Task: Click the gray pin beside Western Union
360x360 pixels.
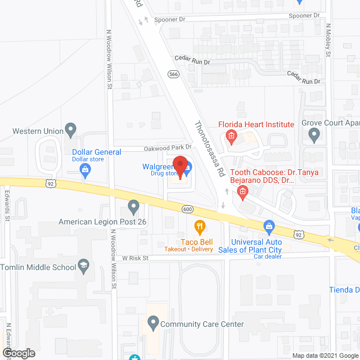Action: pyautogui.click(x=71, y=130)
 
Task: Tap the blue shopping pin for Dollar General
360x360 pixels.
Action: pyautogui.click(x=85, y=171)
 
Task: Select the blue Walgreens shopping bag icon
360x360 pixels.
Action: pyautogui.click(x=188, y=167)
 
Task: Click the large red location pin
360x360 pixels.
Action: pyautogui.click(x=179, y=165)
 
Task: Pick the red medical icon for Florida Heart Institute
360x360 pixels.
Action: pyautogui.click(x=231, y=135)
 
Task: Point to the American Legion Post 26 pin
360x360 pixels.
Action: pyautogui.click(x=133, y=207)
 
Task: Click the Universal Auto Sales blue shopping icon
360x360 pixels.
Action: pyautogui.click(x=269, y=227)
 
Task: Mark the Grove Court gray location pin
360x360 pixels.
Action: pyautogui.click(x=314, y=134)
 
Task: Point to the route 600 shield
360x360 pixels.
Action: pyautogui.click(x=188, y=209)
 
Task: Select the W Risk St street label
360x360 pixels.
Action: pyautogui.click(x=133, y=258)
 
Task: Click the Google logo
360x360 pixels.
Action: pyautogui.click(x=18, y=353)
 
